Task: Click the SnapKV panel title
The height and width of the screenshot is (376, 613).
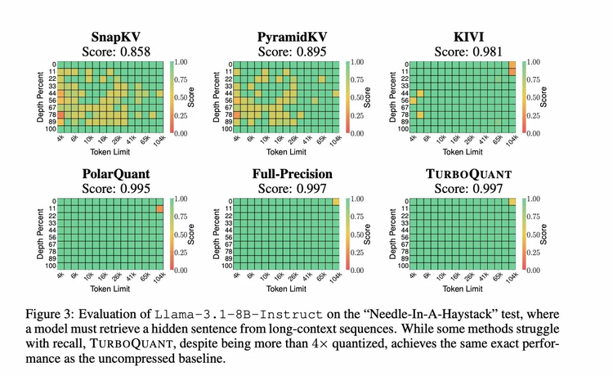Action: point(114,37)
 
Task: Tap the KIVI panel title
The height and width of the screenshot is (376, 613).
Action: point(470,37)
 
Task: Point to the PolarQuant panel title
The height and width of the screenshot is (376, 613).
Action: point(114,173)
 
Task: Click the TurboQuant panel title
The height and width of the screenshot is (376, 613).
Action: point(470,173)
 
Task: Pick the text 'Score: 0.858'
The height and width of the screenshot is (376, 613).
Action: point(114,51)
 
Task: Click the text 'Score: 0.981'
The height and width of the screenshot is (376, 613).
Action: point(470,51)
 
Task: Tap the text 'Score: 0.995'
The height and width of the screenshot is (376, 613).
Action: point(114,188)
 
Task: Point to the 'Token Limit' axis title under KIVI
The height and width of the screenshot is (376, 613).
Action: point(461,153)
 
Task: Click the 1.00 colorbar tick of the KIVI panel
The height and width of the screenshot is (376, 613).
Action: point(535,62)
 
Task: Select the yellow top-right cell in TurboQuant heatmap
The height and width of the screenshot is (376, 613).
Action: point(512,201)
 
